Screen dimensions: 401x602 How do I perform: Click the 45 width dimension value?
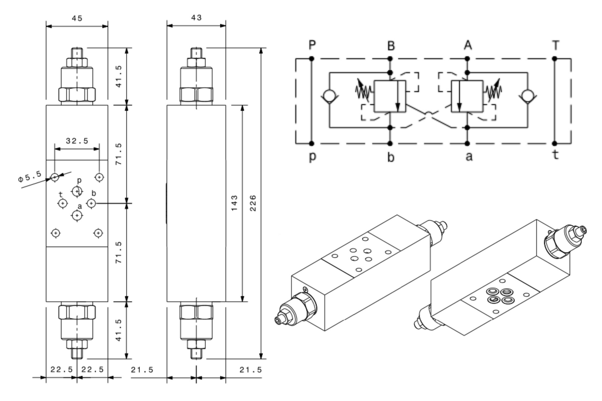pos(77,18)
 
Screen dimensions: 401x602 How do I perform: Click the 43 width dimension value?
pos(196,18)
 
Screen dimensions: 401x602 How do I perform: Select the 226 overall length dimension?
pos(253,203)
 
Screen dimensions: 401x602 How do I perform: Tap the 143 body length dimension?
pos(234,203)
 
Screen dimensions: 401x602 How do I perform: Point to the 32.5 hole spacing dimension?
pos(77,141)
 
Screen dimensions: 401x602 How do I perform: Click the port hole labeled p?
pos(77,191)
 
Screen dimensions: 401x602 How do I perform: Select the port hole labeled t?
pos(63,204)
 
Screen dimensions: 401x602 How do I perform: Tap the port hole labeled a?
pos(77,216)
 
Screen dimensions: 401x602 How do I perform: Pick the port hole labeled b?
pos(91,204)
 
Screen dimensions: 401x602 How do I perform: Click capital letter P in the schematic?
pos(312,45)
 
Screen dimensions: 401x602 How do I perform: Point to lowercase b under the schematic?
pos(390,157)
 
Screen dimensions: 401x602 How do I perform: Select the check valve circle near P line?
pos(329,97)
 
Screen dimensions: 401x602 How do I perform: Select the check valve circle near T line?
pos(528,97)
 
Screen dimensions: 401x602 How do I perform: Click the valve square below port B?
pos(389,96)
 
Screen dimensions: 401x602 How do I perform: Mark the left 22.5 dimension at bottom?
pos(61,370)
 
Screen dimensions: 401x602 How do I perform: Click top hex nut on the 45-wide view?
pos(77,95)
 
